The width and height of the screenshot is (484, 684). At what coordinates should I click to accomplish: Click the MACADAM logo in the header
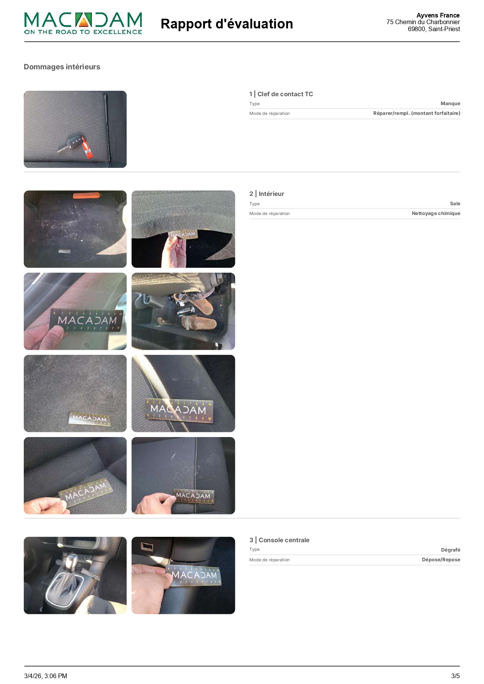83,23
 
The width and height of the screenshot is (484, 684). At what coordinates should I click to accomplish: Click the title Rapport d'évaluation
227,24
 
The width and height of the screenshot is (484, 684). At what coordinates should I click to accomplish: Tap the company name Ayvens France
438,15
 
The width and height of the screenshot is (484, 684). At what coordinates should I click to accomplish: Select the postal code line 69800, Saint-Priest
434,29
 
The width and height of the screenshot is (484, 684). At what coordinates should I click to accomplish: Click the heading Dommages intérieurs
62,67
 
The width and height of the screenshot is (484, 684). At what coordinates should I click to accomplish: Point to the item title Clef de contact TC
285,94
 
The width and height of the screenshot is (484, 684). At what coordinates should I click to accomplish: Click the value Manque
450,103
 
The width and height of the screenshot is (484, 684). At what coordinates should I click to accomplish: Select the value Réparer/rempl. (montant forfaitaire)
417,113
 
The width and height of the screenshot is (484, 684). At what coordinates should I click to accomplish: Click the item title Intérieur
271,194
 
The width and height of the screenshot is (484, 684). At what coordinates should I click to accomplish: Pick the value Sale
455,203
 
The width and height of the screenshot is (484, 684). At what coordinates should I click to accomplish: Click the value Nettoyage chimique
436,213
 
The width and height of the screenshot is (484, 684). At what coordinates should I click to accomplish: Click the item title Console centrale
284,540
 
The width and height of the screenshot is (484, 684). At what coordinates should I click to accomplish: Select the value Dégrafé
450,550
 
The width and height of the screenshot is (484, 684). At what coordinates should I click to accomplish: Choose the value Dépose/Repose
441,559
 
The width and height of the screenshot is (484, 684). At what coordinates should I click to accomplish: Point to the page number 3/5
456,676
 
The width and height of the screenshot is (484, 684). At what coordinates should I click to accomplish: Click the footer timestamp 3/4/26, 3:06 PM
46,676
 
